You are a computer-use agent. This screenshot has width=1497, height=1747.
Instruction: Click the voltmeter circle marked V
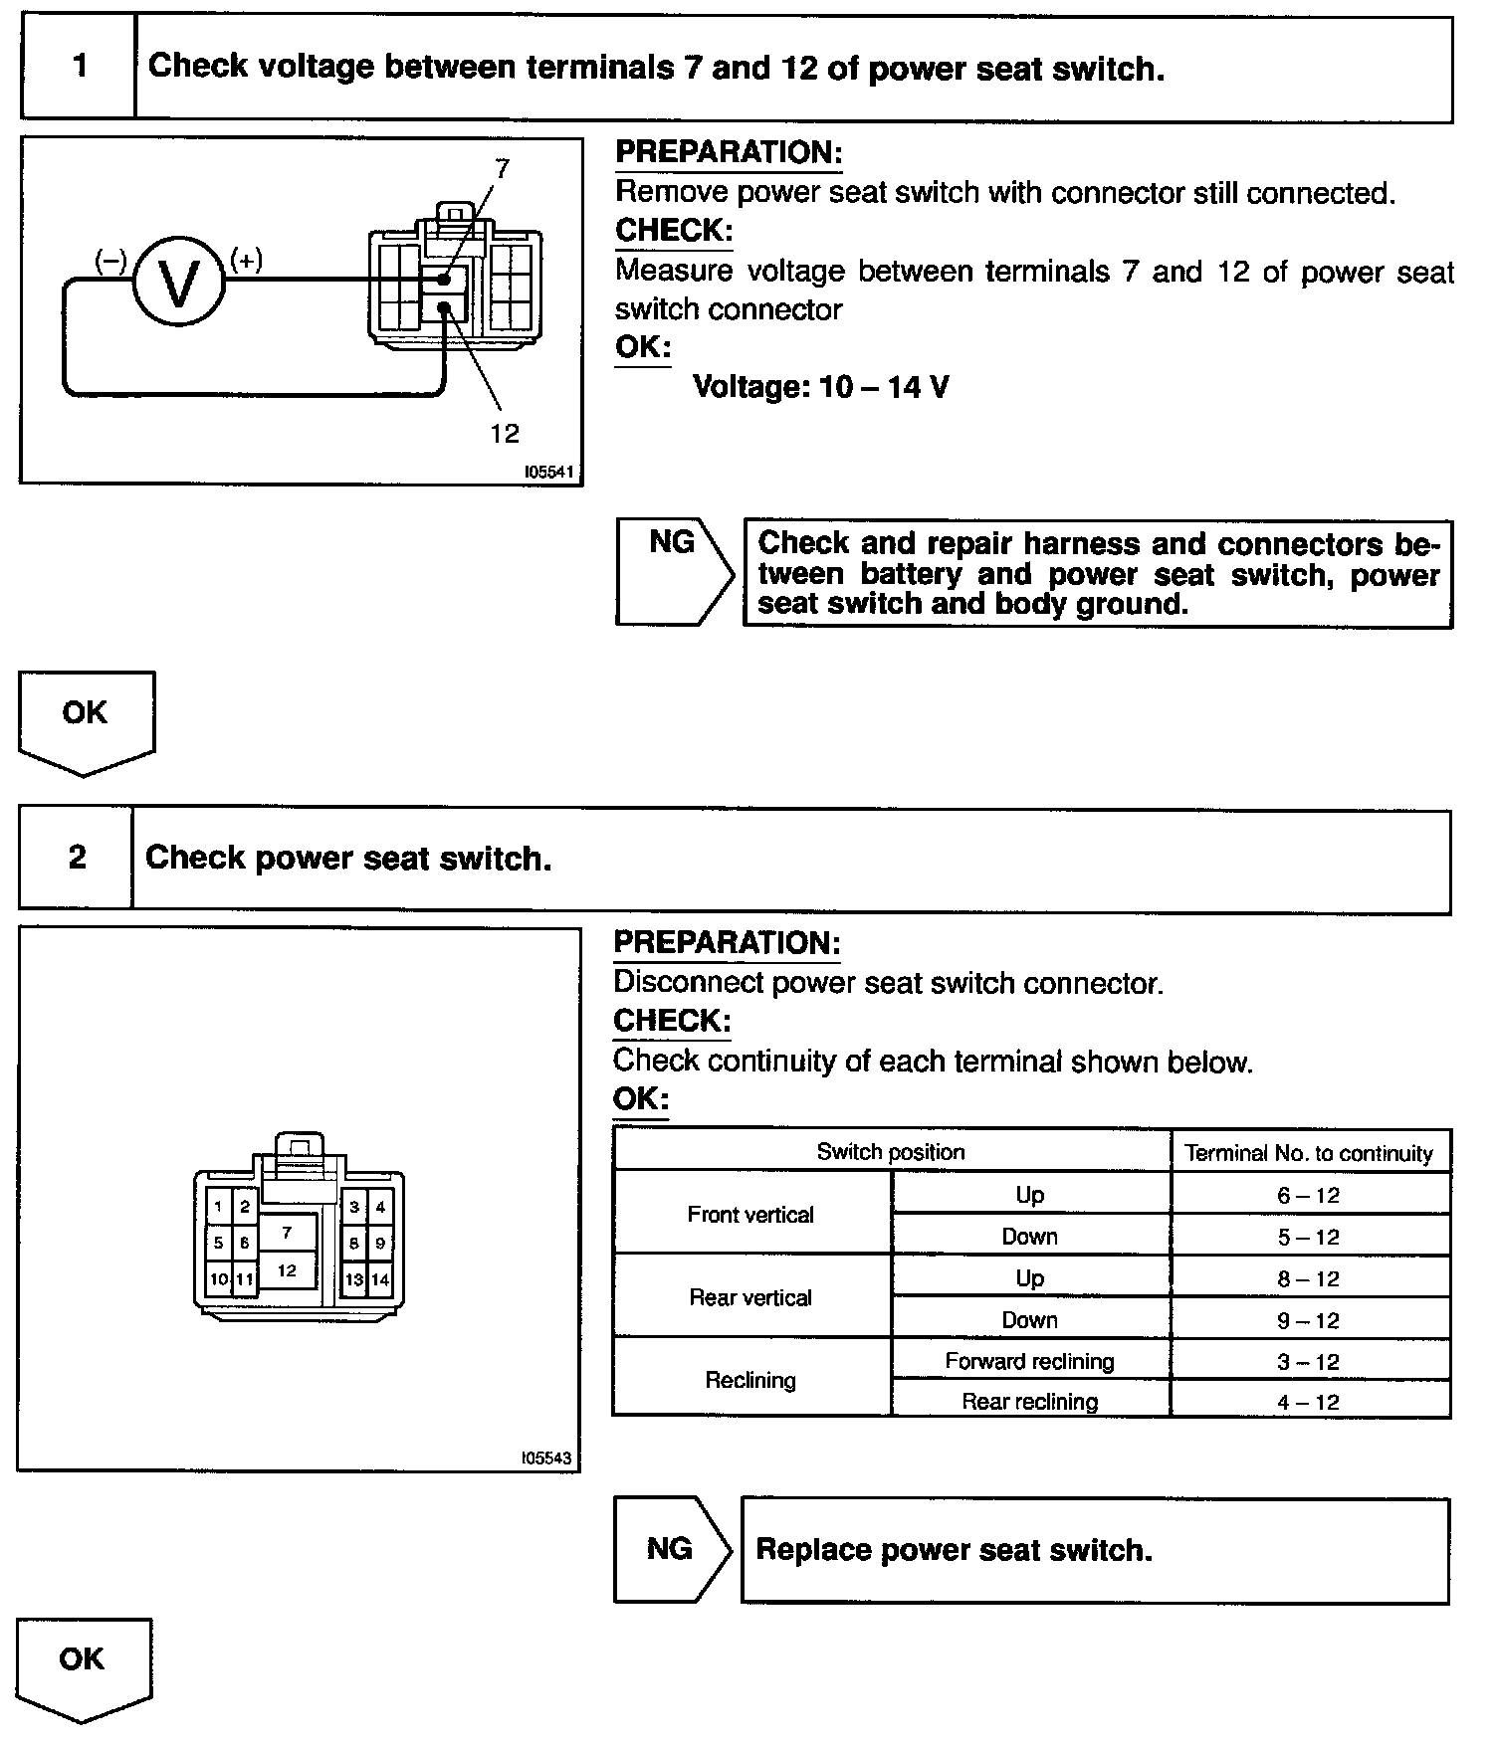coord(179,284)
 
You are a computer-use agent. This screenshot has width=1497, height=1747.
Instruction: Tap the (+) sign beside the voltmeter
coord(246,261)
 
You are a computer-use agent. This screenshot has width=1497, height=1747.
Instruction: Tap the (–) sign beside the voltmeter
coord(110,261)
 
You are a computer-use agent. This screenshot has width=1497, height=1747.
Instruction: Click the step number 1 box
coord(79,67)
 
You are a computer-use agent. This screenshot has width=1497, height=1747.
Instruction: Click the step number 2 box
coord(77,858)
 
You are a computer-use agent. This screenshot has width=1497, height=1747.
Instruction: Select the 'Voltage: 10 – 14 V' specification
coord(820,386)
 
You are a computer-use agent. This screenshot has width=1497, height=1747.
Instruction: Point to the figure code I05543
coord(546,1457)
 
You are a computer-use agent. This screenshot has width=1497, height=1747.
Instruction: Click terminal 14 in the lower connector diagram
coord(380,1279)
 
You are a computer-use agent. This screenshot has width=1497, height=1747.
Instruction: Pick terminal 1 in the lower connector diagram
coord(218,1208)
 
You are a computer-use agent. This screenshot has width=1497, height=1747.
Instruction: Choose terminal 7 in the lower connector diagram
coord(287,1233)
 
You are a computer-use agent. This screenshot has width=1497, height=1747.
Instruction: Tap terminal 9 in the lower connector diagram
coord(380,1243)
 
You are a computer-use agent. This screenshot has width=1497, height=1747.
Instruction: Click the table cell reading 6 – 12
coord(1309,1195)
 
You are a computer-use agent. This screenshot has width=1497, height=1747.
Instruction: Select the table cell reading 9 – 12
coord(1309,1320)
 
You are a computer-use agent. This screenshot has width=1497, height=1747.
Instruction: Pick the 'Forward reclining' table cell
coord(1029,1361)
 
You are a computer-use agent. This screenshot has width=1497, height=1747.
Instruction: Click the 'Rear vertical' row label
coord(750,1297)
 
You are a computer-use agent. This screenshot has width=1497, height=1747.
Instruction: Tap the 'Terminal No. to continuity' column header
coord(1309,1153)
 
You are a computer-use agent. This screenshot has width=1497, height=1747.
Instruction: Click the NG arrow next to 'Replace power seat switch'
coord(671,1549)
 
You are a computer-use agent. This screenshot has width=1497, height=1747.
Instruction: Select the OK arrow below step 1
coord(86,718)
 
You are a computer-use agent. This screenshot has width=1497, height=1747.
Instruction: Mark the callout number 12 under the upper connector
coord(505,433)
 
